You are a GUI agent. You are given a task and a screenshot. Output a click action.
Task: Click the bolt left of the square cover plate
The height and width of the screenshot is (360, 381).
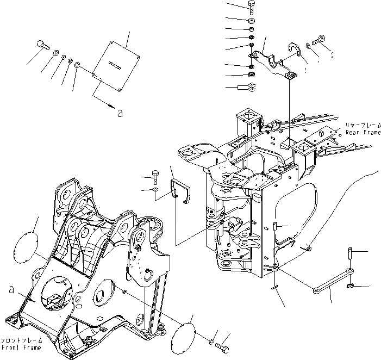pyautogui.click(x=44, y=45)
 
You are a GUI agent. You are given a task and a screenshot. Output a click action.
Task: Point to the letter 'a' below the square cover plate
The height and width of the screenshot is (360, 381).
pyautogui.click(x=120, y=114)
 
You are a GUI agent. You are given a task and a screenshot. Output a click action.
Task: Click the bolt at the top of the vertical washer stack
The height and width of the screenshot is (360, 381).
pyautogui.click(x=251, y=7)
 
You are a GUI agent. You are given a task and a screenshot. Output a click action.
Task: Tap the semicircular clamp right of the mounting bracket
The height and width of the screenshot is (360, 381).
pyautogui.click(x=296, y=52)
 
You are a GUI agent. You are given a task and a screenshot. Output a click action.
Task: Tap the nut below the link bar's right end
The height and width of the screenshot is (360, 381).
pyautogui.click(x=352, y=285)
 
